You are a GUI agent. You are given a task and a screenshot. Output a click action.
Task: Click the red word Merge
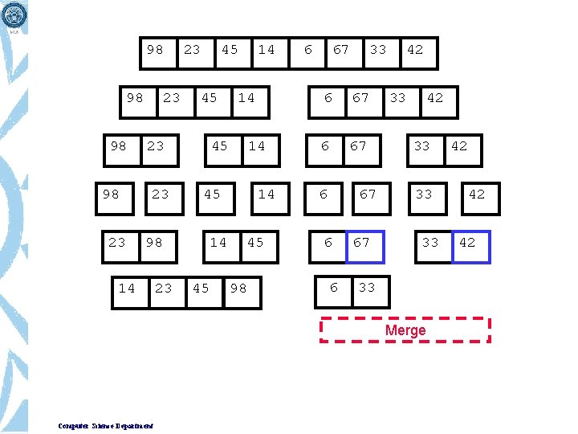point(405,330)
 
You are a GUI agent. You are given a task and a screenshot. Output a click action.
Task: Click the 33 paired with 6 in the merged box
point(367,288)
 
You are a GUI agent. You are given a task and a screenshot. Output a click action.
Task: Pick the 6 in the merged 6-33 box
point(334,288)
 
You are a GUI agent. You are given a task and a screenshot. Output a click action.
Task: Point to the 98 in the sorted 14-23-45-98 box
point(238,289)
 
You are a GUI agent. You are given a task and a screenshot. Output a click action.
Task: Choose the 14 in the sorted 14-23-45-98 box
point(127,289)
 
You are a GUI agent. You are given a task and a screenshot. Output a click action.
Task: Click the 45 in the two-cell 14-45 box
point(255,243)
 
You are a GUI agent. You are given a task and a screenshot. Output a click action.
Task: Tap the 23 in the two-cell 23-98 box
point(117,243)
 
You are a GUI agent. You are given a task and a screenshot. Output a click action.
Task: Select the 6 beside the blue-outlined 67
point(328,243)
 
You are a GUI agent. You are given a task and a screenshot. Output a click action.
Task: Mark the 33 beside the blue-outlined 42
point(430,243)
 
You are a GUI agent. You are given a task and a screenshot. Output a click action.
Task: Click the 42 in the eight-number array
point(415,50)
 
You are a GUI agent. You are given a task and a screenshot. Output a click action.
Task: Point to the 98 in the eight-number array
point(155,50)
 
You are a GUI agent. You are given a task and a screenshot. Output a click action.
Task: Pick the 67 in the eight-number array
point(341,50)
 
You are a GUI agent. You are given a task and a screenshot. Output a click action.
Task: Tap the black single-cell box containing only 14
point(267,194)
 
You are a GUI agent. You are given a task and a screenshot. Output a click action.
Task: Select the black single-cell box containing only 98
point(112,194)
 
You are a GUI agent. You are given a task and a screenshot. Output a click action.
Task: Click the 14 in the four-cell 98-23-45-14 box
point(246,99)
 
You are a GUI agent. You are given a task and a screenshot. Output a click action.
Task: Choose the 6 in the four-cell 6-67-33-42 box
point(328,99)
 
